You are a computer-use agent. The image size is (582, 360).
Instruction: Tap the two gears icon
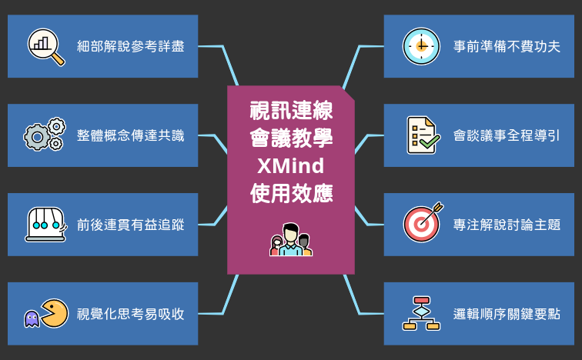coord(45,135)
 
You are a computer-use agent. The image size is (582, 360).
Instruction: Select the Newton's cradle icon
coord(45,224)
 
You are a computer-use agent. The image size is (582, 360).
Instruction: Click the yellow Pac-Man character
coord(54,313)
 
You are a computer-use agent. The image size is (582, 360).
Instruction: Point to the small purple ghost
coord(32,318)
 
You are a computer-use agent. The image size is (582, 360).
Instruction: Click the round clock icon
coord(421,46)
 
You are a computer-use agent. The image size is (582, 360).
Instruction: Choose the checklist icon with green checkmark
coord(422,135)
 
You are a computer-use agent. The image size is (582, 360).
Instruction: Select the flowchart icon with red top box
coord(421,313)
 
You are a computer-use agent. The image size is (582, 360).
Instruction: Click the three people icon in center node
coord(291,240)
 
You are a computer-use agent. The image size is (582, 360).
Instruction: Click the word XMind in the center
coord(291,165)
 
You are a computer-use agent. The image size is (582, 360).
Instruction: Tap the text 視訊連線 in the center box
coord(291,111)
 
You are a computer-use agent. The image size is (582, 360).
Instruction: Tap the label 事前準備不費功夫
coord(507,46)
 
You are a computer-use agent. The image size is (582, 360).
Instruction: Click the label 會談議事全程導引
coord(507,135)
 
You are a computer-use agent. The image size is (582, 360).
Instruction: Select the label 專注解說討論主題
coord(507,225)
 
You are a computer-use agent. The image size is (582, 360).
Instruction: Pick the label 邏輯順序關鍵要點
coord(507,314)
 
